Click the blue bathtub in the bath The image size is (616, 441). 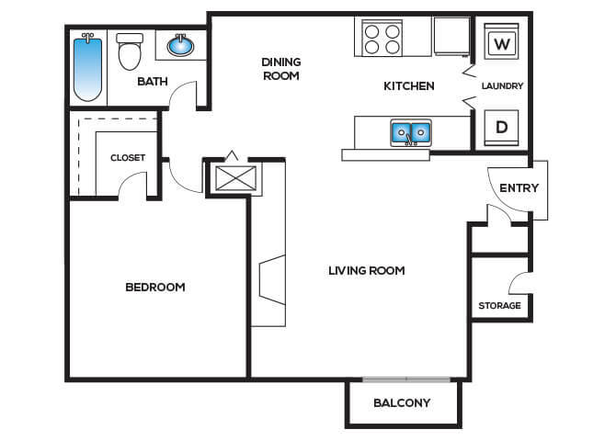tap(88, 68)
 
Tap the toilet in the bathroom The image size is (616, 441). tap(130, 51)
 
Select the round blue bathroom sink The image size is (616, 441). tap(180, 46)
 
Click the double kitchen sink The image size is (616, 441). tap(411, 132)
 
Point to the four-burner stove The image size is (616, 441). tap(382, 38)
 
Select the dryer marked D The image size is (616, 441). tap(501, 128)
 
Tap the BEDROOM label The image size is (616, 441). tap(155, 287)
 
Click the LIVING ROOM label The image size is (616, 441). tap(367, 270)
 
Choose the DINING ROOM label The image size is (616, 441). tap(281, 69)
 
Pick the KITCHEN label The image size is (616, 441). tap(409, 86)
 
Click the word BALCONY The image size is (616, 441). tap(402, 403)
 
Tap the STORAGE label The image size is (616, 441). tap(500, 306)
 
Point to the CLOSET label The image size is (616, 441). tap(128, 158)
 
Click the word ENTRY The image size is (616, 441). tap(519, 188)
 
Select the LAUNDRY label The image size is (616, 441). tap(503, 85)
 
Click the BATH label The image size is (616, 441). tap(153, 81)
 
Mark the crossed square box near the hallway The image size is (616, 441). tap(235, 178)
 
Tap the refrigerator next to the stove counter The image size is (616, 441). tap(452, 37)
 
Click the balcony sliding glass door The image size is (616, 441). tap(406, 379)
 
